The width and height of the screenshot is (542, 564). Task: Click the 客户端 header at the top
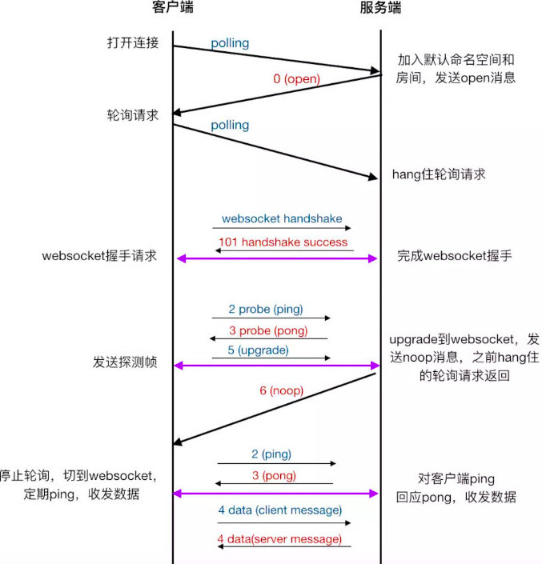[172, 9]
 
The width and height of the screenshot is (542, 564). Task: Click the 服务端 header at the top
[380, 9]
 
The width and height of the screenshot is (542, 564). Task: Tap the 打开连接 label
[133, 42]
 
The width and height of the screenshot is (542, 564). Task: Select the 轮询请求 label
[133, 114]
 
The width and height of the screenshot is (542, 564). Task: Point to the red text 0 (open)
[296, 78]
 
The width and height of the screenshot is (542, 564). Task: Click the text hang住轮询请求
[438, 174]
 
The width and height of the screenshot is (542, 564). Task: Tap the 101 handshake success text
[282, 242]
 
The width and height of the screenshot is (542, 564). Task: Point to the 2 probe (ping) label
[266, 309]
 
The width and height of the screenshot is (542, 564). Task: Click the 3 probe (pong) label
[267, 330]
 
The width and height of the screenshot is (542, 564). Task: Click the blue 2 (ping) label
[271, 454]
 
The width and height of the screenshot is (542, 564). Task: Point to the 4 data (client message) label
[279, 510]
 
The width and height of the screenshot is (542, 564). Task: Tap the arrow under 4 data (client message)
[283, 523]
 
